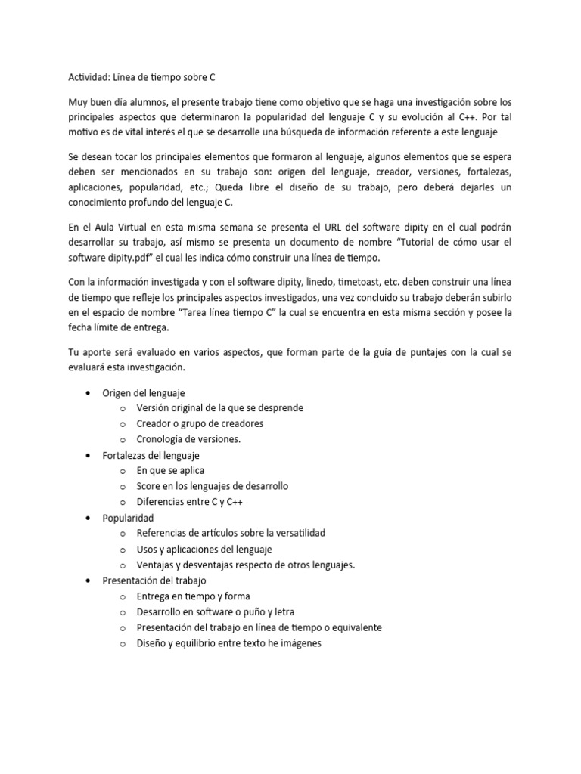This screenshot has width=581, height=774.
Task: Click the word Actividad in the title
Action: coord(83,76)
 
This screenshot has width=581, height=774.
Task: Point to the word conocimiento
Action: coord(99,203)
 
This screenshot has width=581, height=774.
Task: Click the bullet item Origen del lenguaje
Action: coord(144,392)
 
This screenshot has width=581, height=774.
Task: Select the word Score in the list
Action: coord(151,486)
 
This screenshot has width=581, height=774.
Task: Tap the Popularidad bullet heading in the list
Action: coord(128,518)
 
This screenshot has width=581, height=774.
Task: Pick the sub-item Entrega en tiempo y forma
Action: coord(193,596)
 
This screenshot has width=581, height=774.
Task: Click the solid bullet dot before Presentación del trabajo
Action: coord(91,580)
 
